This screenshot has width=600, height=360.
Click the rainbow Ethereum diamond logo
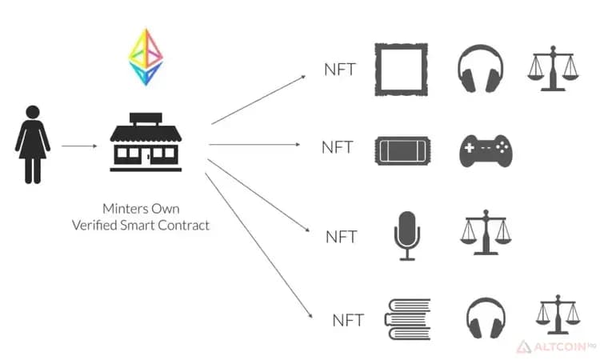click(146, 57)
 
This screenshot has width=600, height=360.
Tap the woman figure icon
click(33, 145)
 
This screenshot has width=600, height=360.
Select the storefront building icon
click(146, 142)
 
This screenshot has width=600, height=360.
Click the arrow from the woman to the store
click(79, 146)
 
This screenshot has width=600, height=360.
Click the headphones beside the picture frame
click(480, 69)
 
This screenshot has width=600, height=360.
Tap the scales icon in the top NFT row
click(553, 69)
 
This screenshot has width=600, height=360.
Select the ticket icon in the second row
click(402, 150)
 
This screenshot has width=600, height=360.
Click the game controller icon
click(486, 150)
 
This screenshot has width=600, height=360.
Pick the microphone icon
click(406, 236)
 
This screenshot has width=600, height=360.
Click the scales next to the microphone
click(486, 232)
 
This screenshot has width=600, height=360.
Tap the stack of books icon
click(407, 319)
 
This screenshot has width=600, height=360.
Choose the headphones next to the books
click(486, 318)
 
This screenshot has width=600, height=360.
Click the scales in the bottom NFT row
click(558, 314)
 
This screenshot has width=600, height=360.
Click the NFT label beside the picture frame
click(340, 70)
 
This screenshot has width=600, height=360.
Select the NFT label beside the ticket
click(337, 147)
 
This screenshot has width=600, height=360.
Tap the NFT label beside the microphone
click(341, 237)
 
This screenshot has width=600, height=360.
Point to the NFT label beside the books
click(348, 321)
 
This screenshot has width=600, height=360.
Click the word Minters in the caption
click(125, 209)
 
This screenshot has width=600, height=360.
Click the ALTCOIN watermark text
click(559, 347)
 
